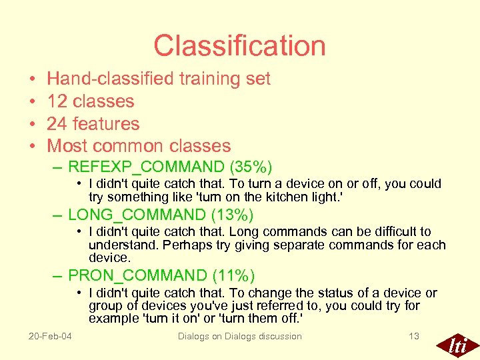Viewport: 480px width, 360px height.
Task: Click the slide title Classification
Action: [239, 45]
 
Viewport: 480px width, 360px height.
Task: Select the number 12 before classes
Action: [57, 101]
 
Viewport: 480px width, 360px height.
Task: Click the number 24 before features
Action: [57, 124]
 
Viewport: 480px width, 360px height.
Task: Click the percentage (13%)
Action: [231, 215]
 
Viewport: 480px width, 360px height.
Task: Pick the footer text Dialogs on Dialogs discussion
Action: [239, 336]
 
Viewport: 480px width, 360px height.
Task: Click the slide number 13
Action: [414, 336]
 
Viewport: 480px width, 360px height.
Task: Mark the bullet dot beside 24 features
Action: [33, 125]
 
